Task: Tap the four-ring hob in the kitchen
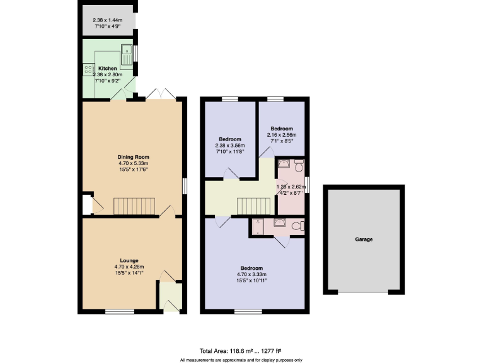click(x=86, y=69)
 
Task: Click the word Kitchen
click(x=107, y=68)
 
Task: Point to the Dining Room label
click(x=133, y=157)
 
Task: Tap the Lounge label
click(x=129, y=261)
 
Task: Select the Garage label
click(x=364, y=239)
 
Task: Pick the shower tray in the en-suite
click(x=258, y=226)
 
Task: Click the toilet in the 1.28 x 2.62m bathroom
click(x=298, y=166)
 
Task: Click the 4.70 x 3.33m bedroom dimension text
click(x=251, y=274)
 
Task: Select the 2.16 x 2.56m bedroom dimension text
click(x=281, y=135)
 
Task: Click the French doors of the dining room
click(x=160, y=94)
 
